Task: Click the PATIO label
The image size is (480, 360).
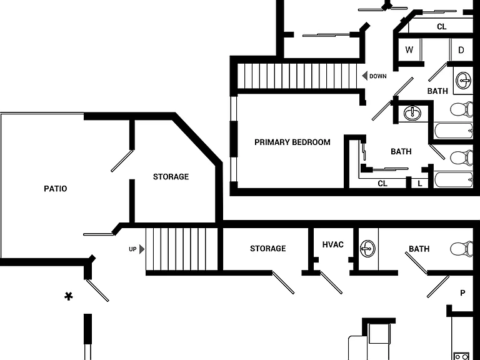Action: (x=56, y=189)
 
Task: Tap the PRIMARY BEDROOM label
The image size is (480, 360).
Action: (x=292, y=142)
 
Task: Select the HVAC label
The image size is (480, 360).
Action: (x=332, y=244)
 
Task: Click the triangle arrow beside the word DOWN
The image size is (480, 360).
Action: (x=364, y=76)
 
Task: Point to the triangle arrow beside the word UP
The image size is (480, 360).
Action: (x=142, y=249)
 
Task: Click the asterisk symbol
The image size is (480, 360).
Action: (x=69, y=296)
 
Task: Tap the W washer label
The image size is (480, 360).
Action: (x=409, y=49)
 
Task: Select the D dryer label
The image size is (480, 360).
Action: (x=461, y=50)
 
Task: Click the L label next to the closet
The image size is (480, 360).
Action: (x=420, y=184)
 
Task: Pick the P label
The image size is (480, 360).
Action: (x=462, y=293)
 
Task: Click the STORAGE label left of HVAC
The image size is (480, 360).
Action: (x=268, y=248)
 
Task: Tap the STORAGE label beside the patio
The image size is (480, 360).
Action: (x=171, y=177)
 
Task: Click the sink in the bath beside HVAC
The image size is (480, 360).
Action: (x=367, y=248)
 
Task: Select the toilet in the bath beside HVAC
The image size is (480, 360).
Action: (x=462, y=248)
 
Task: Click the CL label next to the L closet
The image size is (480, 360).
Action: (x=382, y=183)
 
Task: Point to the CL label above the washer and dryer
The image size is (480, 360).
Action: (x=441, y=27)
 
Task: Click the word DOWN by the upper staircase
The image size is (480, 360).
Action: (x=377, y=76)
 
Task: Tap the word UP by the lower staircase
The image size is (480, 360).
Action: (x=132, y=249)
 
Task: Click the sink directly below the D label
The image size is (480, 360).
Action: (x=463, y=81)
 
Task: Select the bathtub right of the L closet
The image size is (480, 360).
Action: (x=453, y=180)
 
